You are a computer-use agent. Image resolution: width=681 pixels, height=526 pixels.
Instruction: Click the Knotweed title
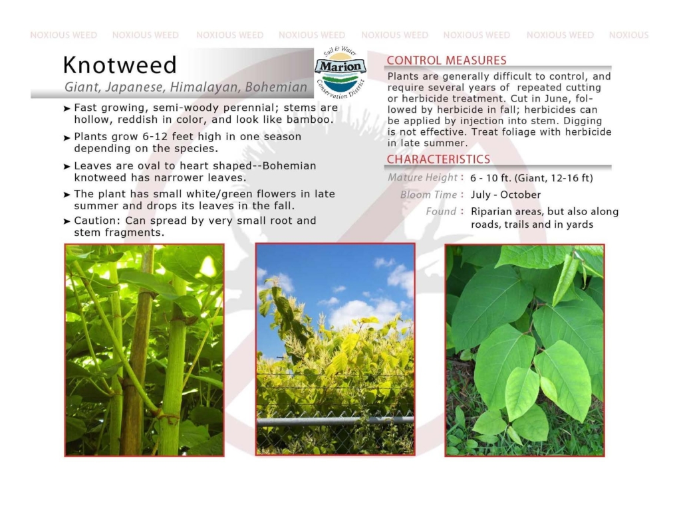(120, 65)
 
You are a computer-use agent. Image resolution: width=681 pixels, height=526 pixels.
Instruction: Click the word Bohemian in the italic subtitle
(276, 87)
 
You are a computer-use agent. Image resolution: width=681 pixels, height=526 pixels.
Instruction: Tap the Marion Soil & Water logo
(340, 72)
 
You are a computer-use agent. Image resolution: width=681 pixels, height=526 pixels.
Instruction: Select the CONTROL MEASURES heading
(446, 60)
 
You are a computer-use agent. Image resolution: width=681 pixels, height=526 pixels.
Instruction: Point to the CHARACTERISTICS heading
(438, 159)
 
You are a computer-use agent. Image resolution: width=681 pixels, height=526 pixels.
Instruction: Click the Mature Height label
(422, 177)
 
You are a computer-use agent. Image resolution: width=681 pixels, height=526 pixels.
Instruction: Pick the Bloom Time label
(428, 195)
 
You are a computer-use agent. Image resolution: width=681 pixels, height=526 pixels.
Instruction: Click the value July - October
(505, 195)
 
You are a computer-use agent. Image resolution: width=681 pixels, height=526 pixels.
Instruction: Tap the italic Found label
(441, 211)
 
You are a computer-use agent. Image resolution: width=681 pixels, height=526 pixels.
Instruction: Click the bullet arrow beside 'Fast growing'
(67, 108)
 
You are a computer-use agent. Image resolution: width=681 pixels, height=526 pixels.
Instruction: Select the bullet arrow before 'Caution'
(67, 221)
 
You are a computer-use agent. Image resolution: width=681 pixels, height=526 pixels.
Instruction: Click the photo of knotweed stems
(144, 350)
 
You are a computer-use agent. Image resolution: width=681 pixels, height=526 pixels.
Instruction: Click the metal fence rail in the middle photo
(335, 420)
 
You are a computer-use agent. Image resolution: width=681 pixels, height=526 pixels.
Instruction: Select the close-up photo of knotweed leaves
(525, 350)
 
